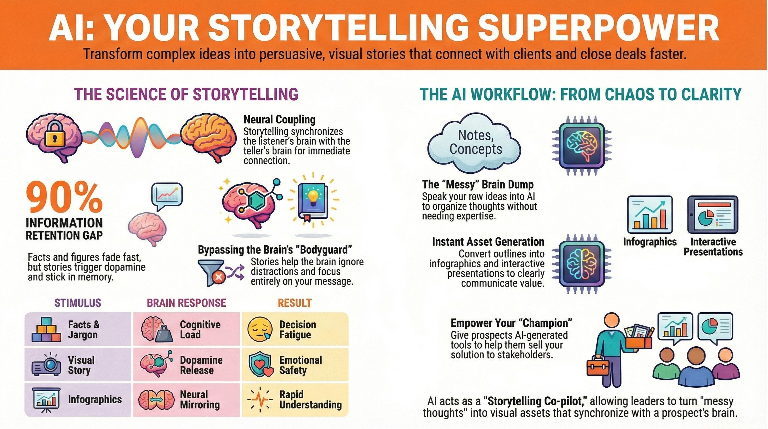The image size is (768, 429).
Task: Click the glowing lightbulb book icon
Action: click(313, 200)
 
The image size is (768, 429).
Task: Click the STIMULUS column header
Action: click(78, 303)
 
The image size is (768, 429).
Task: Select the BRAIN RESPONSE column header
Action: click(186, 303)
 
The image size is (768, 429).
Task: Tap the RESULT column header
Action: click(295, 303)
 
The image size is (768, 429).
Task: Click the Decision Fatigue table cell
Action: click(295, 329)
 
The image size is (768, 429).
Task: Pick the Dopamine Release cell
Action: click(186, 365)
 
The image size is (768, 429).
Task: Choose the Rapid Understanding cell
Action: click(295, 400)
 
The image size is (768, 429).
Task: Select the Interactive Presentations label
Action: click(713, 247)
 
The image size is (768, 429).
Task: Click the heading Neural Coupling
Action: click(279, 120)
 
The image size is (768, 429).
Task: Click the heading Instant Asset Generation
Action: click(488, 242)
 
